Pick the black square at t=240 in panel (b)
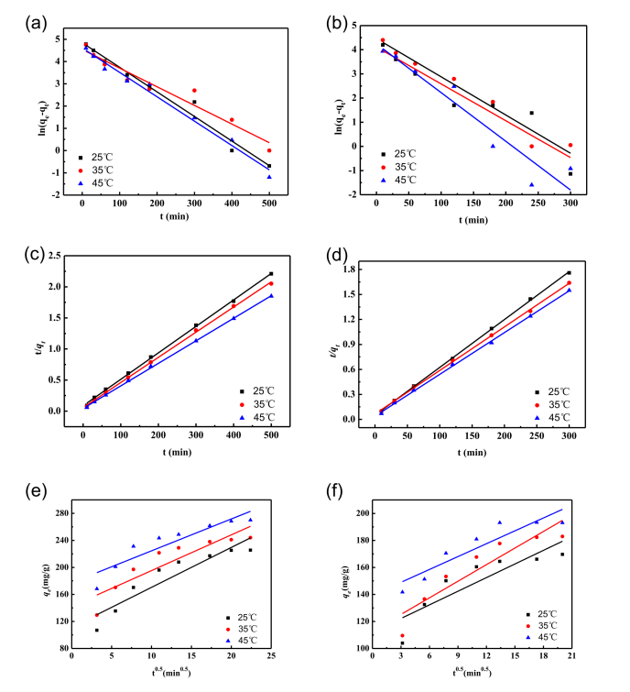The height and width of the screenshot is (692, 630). (x=530, y=113)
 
